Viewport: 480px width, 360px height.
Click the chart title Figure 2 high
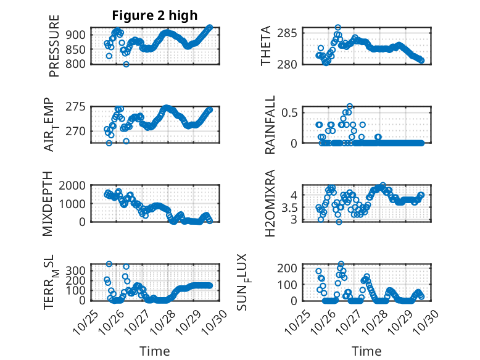[x=155, y=15]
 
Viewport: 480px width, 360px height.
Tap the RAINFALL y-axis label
[x=270, y=125]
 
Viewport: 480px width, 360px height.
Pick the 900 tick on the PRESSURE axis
[x=80, y=35]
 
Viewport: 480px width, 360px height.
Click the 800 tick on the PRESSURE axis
[x=80, y=64]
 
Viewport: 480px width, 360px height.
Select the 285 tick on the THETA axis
[x=289, y=33]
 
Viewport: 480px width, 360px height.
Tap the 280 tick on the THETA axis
[x=289, y=64]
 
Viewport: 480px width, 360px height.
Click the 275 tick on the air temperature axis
[x=80, y=107]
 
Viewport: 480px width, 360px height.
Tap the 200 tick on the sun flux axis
[x=289, y=268]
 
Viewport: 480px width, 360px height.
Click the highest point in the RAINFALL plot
[x=350, y=106]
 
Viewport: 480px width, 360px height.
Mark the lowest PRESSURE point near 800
[x=126, y=64]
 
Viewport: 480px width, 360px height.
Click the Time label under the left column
[x=154, y=351]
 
